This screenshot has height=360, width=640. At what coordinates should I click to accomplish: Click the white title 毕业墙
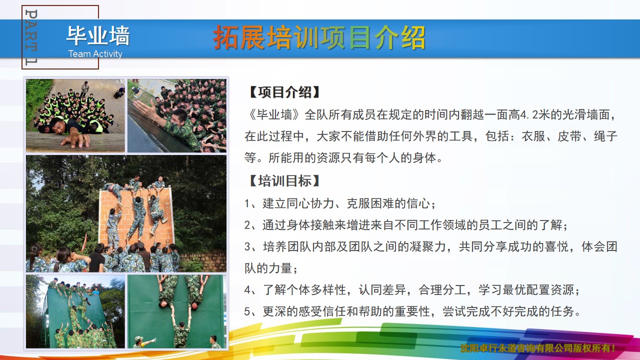98,35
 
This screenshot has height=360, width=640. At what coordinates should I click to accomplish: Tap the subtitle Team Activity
95,53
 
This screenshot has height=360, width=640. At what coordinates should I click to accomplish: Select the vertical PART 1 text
31,37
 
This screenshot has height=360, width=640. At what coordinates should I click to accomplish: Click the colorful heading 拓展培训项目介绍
319,37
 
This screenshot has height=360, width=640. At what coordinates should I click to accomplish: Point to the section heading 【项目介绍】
284,92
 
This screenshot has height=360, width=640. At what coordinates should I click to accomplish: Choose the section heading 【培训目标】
284,181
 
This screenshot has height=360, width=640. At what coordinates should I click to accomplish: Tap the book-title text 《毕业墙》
274,115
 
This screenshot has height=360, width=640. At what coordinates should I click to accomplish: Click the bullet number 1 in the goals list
247,203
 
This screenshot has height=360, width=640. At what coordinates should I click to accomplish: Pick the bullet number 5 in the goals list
247,311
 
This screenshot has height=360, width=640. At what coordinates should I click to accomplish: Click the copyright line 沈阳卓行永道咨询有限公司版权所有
537,348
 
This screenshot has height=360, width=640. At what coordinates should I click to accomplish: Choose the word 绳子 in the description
605,136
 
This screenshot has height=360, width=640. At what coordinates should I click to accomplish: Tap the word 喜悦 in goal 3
556,247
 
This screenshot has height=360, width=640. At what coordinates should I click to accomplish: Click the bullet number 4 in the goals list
247,290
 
